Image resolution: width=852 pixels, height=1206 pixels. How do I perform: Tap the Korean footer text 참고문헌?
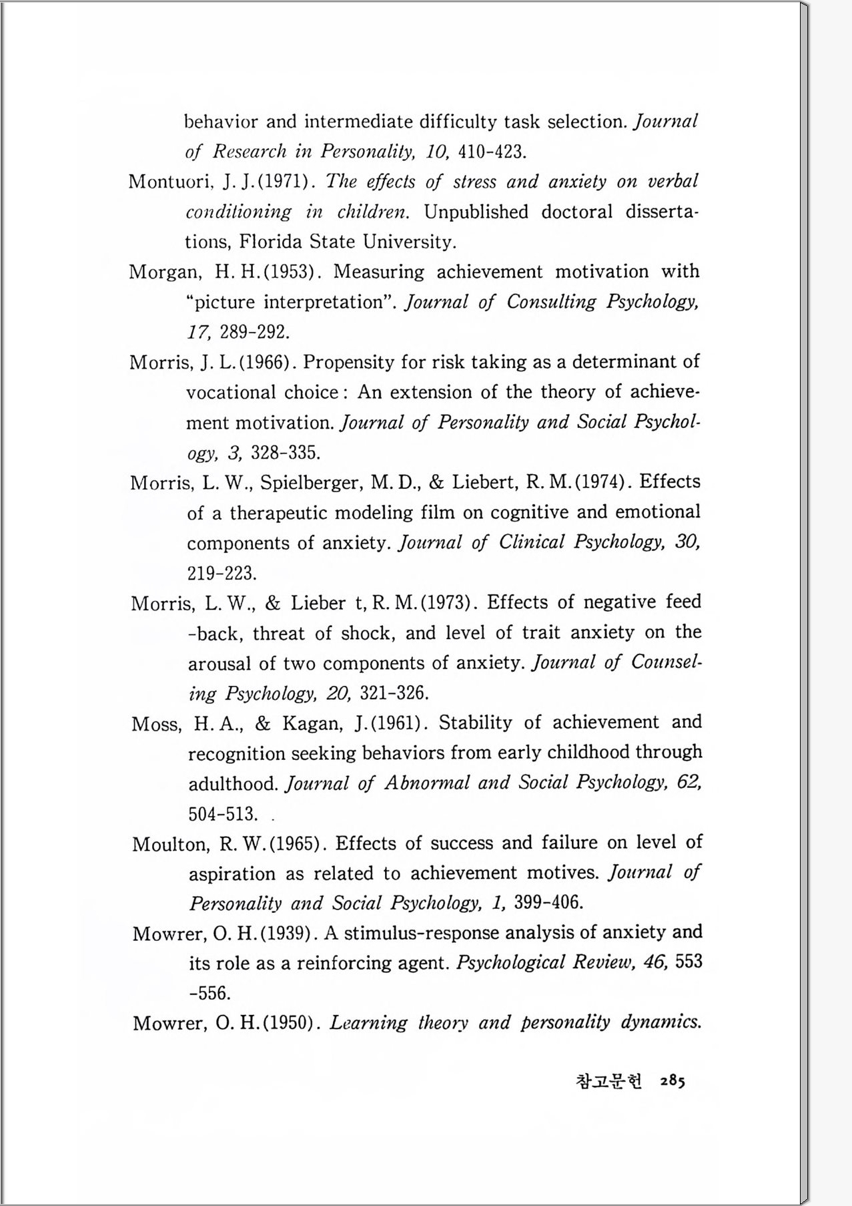coord(608,1082)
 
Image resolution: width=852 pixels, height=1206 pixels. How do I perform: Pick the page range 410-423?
coord(492,152)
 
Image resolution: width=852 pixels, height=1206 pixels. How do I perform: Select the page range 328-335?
coord(285,453)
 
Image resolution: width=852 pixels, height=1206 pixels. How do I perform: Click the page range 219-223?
coord(222,574)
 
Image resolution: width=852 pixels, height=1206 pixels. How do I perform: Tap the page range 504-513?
coord(223,814)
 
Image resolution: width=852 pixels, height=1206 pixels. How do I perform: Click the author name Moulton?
coord(170,844)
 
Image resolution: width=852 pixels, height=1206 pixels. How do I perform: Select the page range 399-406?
coord(549,903)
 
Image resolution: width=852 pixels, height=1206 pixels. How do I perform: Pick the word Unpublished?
coord(476,212)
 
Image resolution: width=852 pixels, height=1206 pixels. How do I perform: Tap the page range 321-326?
coord(394,693)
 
